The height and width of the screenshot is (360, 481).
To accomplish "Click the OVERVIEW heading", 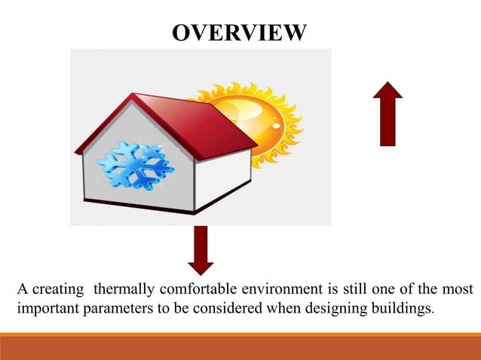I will point(240,32).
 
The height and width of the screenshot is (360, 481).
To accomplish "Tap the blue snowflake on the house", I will point(136,165).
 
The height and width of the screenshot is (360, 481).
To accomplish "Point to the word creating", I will point(54,290).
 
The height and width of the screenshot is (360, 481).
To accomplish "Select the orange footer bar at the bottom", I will point(240,347).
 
